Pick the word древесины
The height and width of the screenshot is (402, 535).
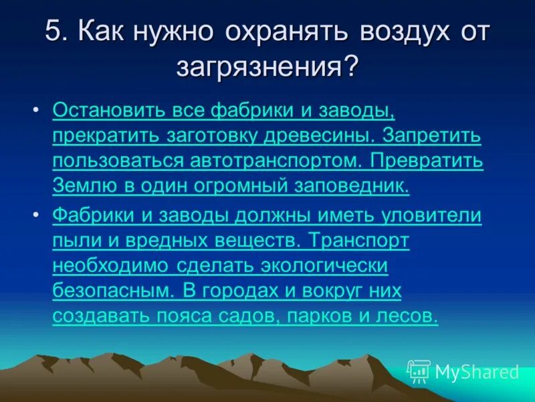tap(324, 135)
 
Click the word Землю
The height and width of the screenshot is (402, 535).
tap(80, 186)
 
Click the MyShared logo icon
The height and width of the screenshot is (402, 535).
tap(419, 370)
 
